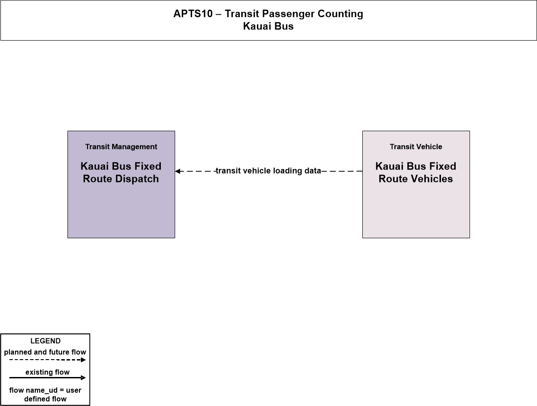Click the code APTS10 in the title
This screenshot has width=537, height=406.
point(193,14)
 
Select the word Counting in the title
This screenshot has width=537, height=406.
point(340,14)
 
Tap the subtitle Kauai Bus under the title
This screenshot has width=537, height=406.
point(268,26)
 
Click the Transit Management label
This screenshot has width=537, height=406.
point(121,147)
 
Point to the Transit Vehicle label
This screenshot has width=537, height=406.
point(416,147)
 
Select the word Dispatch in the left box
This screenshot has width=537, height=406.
point(137,179)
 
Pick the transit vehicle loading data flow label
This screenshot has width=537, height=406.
point(268,171)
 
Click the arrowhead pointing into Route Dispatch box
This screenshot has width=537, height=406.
point(178,171)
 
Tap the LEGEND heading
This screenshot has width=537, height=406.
point(45,341)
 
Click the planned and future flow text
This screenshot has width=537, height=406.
point(45,352)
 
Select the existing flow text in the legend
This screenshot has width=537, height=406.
point(47,372)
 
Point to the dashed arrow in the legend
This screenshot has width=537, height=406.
point(47,360)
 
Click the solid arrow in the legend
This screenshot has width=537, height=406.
point(47,377)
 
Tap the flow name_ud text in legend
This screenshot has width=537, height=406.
point(33,390)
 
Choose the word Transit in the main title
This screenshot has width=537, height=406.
point(242,14)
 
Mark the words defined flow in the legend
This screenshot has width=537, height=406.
point(45,399)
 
